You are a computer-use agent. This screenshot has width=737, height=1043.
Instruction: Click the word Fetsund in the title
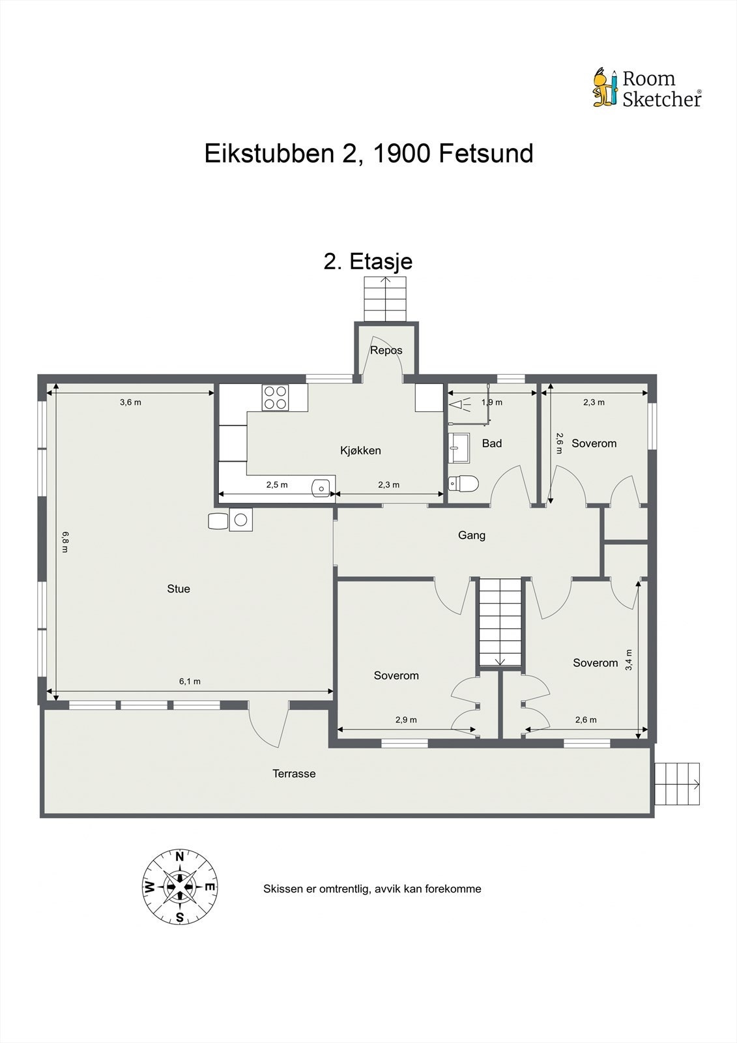[485, 154]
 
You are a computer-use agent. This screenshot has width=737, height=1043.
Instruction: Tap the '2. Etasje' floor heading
[368, 261]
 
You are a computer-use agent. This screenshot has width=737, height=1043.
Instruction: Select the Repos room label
[386, 350]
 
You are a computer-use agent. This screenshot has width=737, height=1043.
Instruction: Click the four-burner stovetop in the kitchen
[275, 398]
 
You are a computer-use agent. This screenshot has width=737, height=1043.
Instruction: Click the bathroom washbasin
[459, 444]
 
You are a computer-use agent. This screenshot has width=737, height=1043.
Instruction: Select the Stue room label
[179, 589]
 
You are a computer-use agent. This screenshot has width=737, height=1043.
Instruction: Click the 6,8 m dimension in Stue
[65, 542]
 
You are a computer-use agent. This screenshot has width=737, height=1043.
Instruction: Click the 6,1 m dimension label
[190, 681]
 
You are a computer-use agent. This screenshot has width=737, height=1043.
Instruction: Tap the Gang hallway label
[472, 535]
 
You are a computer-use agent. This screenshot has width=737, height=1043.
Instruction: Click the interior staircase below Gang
[500, 622]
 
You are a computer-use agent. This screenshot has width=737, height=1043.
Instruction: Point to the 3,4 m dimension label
[629, 660]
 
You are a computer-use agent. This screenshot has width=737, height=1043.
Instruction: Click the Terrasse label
[294, 774]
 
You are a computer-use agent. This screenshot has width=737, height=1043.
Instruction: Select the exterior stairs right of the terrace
[677, 784]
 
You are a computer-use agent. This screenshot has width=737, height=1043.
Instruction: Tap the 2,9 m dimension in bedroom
[406, 720]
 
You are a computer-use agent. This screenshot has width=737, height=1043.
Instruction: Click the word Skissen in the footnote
[282, 889]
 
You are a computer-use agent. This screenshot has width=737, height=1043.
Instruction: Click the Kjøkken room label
[360, 450]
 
